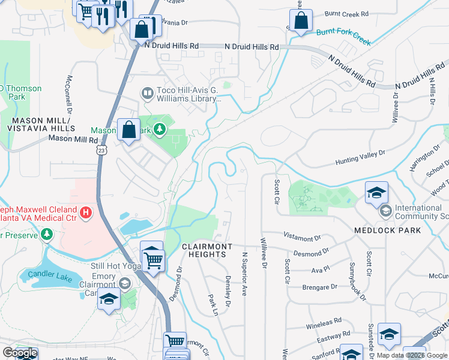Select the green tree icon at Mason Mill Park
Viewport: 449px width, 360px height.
pos(160,129)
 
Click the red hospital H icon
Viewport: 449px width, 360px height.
pos(86,212)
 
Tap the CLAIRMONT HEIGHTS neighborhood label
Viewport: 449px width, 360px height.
pos(203,250)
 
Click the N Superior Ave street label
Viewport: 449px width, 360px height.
pos(244,274)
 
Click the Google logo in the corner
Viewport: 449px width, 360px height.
pos(20,353)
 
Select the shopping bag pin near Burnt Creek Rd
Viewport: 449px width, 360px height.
pos(303,20)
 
